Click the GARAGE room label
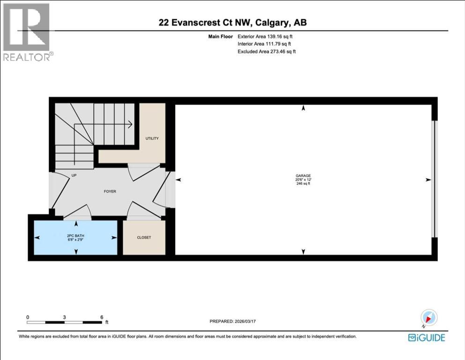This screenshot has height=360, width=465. pyautogui.click(x=303, y=176)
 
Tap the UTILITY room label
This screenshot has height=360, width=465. pyautogui.click(x=152, y=138)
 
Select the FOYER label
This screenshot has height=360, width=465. pyautogui.click(x=110, y=191)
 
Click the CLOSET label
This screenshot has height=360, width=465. pyautogui.click(x=144, y=238)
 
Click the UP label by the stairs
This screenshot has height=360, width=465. pyautogui.click(x=74, y=176)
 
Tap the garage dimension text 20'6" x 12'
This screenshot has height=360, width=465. pyautogui.click(x=303, y=180)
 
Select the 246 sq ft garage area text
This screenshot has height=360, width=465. pyautogui.click(x=303, y=184)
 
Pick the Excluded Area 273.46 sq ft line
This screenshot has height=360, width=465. pyautogui.click(x=266, y=52)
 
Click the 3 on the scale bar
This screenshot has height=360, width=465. pyautogui.click(x=65, y=317)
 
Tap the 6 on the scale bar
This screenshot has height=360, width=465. pyautogui.click(x=102, y=317)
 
